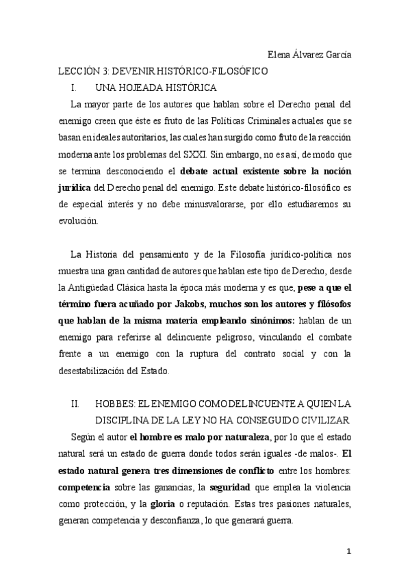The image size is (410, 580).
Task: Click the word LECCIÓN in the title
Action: [x=77, y=71]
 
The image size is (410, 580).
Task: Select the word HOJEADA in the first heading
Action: [x=149, y=88]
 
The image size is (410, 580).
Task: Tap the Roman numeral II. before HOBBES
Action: [x=77, y=404]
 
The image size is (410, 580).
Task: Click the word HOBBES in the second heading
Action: [x=119, y=404]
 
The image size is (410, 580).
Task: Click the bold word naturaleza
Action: [x=245, y=436]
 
